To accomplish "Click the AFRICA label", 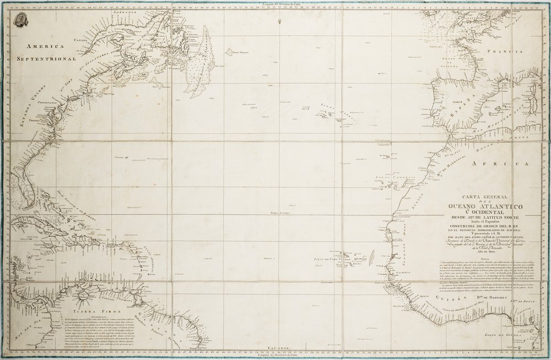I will [504, 164].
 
